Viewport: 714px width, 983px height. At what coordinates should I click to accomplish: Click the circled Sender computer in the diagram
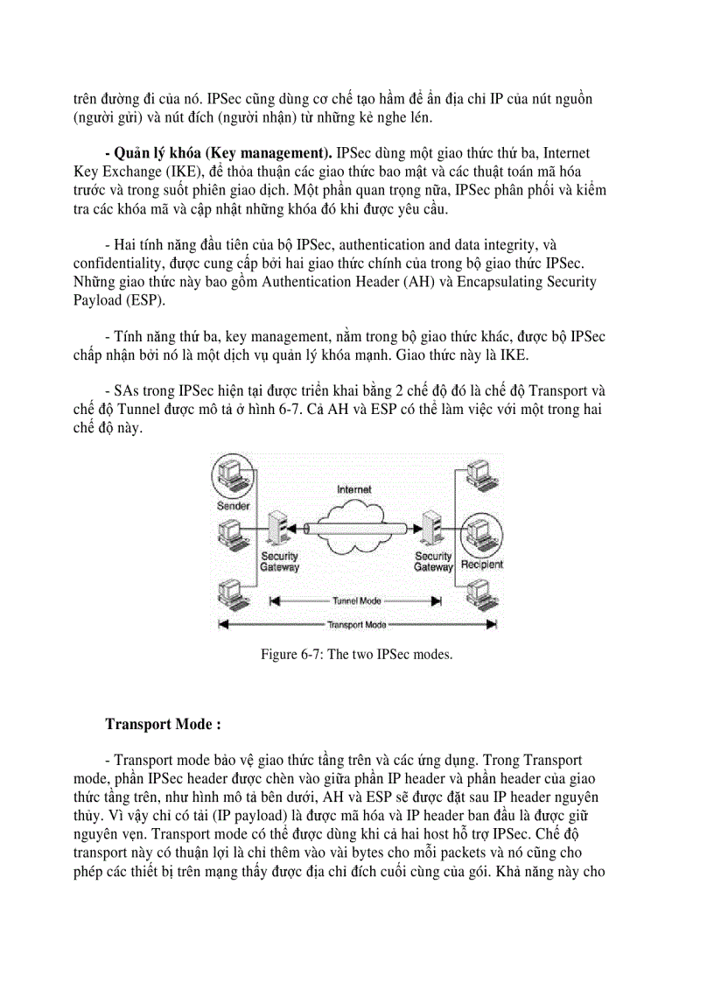click(x=232, y=478)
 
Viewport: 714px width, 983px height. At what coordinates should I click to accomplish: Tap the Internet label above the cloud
click(x=354, y=489)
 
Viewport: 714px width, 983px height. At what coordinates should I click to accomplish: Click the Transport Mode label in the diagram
click(x=356, y=625)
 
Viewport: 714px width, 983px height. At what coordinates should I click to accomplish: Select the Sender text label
click(x=233, y=507)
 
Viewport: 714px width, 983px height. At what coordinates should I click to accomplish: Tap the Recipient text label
click(x=481, y=565)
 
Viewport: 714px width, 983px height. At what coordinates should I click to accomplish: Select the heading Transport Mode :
click(x=163, y=724)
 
